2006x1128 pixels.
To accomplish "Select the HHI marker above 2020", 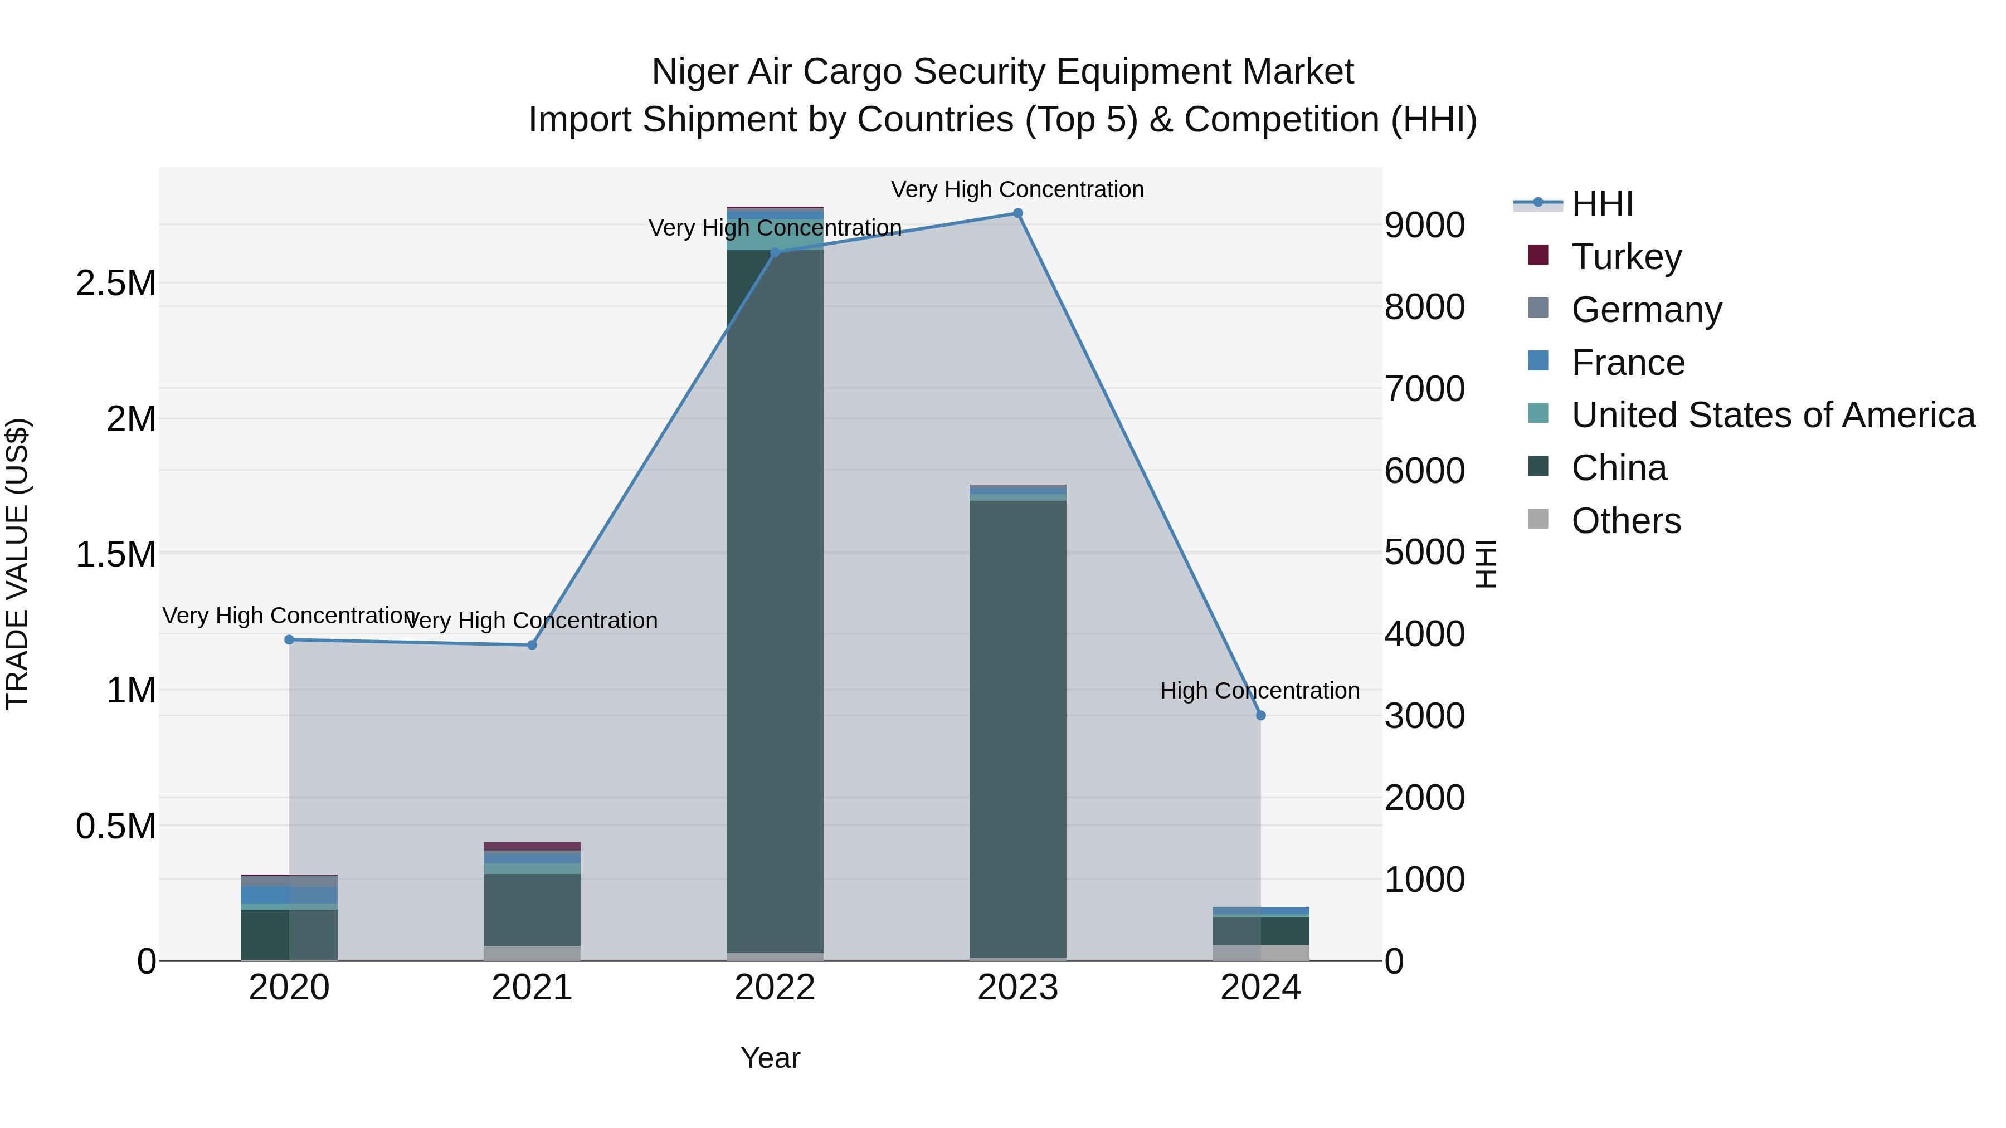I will pos(289,640).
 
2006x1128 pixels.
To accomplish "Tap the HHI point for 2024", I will pos(1261,715).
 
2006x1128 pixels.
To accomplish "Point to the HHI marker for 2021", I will pos(532,646).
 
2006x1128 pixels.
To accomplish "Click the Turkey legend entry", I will pos(1626,257).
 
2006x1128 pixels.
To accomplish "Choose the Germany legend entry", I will pos(1645,310).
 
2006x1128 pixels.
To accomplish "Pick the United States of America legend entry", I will pos(1773,415).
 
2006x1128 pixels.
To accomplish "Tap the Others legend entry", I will pos(1625,521).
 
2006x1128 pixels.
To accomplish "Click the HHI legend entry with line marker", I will pos(1601,204).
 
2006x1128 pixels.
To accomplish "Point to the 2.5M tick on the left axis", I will pos(115,284).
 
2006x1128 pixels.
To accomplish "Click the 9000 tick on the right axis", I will pos(1424,225).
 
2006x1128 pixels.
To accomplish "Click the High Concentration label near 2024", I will pos(1259,691).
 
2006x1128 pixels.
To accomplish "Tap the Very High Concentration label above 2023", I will pos(1017,189).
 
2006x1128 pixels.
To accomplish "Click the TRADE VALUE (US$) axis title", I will pos(17,564).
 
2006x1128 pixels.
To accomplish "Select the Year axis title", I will pos(770,1058).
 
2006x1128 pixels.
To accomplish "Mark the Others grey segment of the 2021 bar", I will pos(532,953).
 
